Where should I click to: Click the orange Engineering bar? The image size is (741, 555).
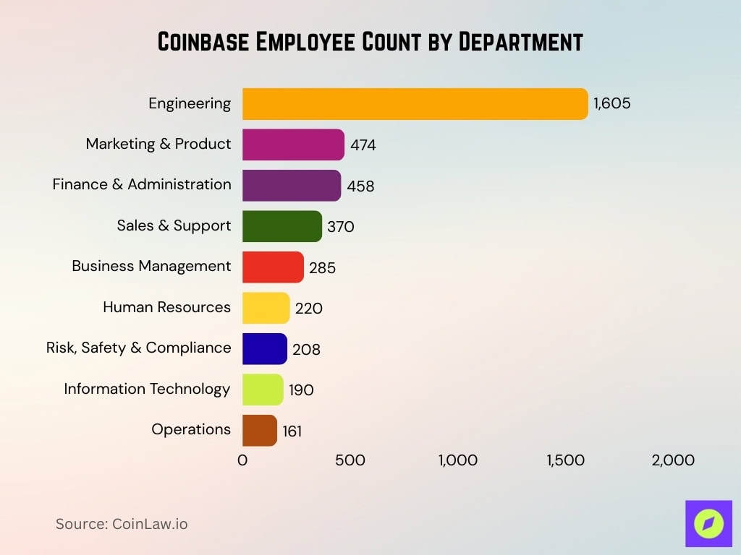(415, 104)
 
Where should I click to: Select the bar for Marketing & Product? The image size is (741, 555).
(293, 145)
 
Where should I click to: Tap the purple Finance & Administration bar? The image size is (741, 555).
(291, 186)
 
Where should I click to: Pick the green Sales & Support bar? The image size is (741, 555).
(281, 226)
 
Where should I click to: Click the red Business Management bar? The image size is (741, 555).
(273, 267)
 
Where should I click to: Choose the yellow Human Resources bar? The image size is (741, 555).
(266, 308)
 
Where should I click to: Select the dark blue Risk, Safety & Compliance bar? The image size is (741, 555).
(264, 349)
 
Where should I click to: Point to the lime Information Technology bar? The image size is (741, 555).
(263, 390)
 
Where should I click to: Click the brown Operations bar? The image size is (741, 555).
(259, 431)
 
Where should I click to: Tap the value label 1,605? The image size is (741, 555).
(611, 104)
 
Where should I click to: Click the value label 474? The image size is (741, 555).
(363, 145)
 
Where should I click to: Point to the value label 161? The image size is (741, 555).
(292, 431)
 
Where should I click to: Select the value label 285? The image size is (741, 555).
(322, 268)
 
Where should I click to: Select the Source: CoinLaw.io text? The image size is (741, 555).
(122, 524)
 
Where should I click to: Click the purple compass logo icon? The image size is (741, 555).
(708, 524)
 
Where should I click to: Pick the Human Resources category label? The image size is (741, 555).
(166, 307)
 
